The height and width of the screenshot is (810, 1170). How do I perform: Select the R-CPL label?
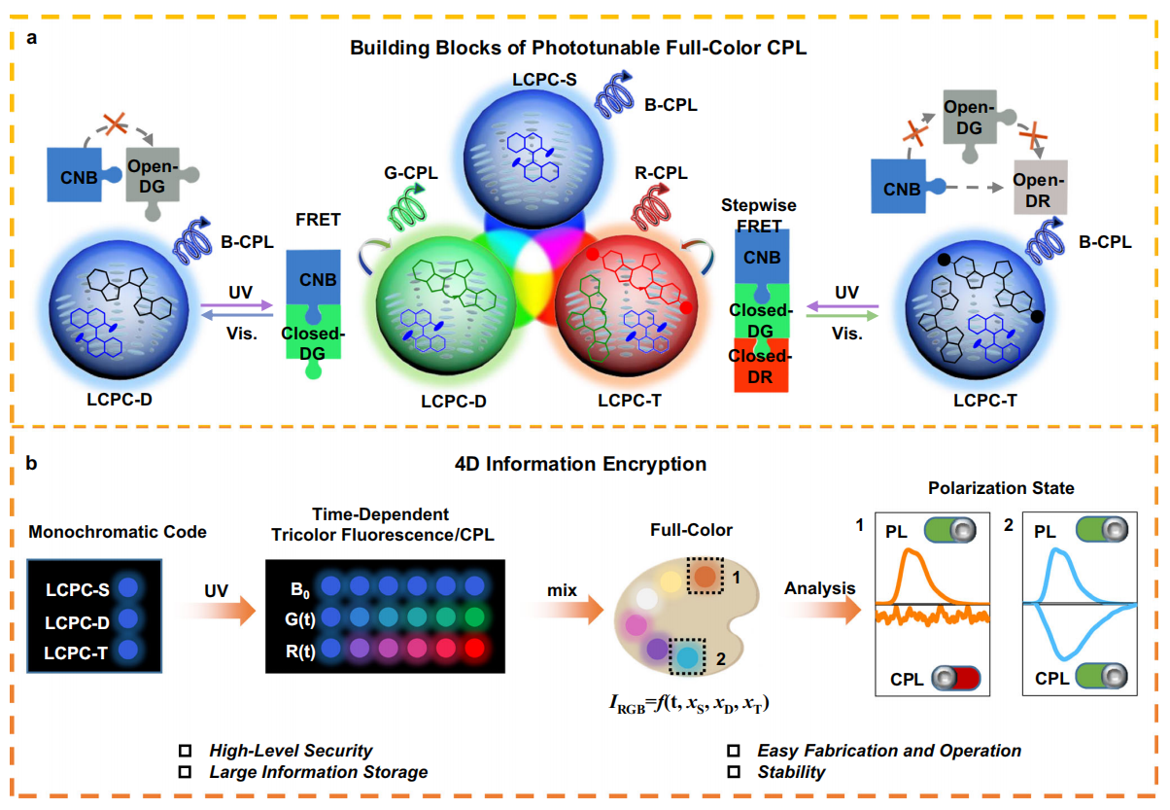coord(661,173)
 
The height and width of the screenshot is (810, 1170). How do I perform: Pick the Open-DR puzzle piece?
coord(1039,185)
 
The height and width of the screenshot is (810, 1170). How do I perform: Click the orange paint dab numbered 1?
coord(704,578)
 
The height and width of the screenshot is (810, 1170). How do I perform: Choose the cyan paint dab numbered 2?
coord(689,657)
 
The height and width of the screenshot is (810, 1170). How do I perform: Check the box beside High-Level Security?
coord(184,752)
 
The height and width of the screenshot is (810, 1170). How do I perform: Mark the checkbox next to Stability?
coord(734,772)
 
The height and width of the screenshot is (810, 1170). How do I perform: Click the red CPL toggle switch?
coord(959,679)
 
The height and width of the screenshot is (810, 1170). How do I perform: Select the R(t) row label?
coord(297,648)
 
